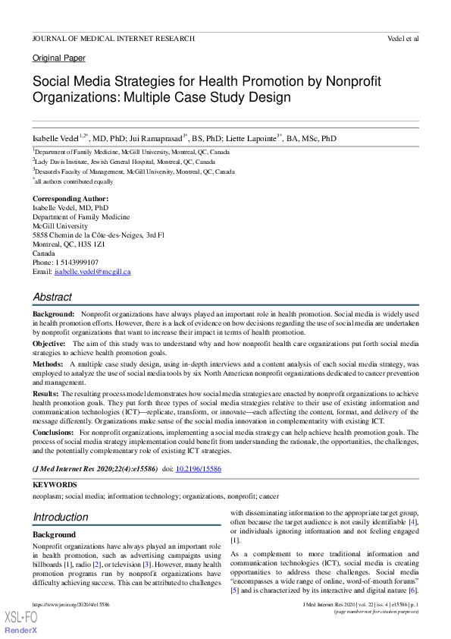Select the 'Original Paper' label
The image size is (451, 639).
(x=59, y=58)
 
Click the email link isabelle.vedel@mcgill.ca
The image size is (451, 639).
(x=92, y=272)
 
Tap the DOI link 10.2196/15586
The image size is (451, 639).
(x=199, y=470)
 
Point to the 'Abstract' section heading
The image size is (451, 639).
(x=52, y=297)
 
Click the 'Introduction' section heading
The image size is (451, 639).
(x=61, y=517)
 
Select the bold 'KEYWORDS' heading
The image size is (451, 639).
(x=55, y=484)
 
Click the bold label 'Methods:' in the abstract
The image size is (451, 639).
(x=48, y=364)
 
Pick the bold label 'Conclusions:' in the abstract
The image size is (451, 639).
(x=54, y=432)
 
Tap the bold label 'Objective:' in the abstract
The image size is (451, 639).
(x=49, y=343)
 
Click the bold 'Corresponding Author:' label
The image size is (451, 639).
(x=72, y=199)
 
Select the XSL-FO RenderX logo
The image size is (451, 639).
(x=21, y=622)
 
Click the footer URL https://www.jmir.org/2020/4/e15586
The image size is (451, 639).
(x=70, y=604)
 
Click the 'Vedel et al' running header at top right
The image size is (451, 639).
(x=402, y=37)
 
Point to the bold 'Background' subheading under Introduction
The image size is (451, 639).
(x=54, y=535)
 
